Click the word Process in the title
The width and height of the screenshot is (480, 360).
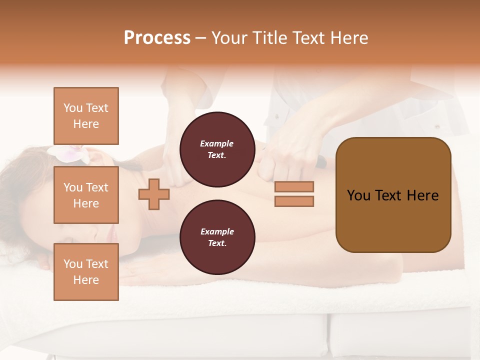point(157,38)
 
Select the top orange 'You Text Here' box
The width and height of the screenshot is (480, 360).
point(86,116)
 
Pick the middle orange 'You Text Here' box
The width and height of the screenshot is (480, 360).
point(86,195)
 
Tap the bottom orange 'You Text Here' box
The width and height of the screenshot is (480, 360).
point(86,272)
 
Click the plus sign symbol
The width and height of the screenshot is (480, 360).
point(154,194)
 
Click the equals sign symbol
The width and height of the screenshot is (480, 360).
point(294,194)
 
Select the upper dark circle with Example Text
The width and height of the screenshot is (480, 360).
point(217,149)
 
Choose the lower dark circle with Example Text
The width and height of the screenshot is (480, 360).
point(217,237)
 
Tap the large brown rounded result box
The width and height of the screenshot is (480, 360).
point(393,195)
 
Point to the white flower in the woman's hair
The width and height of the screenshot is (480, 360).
point(70,154)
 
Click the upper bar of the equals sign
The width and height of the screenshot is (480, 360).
point(294,187)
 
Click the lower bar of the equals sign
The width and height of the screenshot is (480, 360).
point(294,201)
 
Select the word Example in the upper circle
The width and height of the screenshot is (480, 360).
point(216,143)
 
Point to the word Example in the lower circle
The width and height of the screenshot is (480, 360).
point(216,231)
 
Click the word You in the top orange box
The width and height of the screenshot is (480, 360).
point(73,108)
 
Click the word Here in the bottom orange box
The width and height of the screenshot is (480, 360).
point(86,280)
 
